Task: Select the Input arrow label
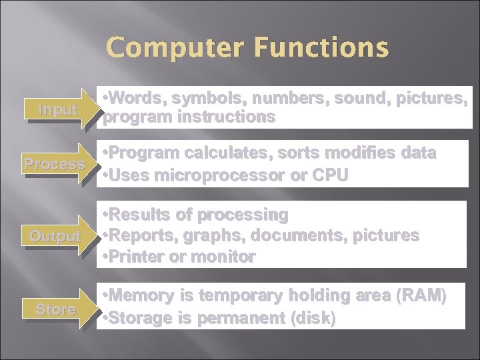[57, 110]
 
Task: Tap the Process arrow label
[54, 164]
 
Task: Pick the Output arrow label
[55, 237]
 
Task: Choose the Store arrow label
[56, 309]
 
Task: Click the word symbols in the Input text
[209, 98]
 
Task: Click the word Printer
[139, 257]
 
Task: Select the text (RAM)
[423, 296]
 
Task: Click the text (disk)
[313, 317]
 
